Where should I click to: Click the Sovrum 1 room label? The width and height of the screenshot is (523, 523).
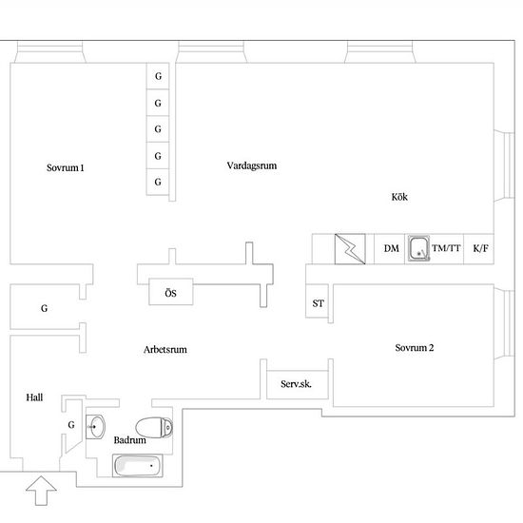pos(66,167)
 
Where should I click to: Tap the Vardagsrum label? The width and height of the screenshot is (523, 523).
pos(252,165)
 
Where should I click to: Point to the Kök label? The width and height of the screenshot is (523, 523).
pos(399,197)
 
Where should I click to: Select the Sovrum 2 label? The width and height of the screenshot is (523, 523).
pos(415,347)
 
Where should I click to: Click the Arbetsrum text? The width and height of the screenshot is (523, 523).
pos(165,350)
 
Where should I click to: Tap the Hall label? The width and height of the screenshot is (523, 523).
pos(34,397)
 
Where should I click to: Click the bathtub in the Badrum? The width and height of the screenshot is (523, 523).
pos(138,466)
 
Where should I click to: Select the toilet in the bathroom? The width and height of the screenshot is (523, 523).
pos(154,427)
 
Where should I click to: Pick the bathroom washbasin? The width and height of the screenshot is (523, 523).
pos(96,427)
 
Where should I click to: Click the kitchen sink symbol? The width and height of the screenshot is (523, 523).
pos(418,248)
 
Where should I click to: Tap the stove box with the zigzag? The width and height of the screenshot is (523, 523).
pos(350,249)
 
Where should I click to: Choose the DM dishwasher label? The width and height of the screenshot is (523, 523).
pos(391,248)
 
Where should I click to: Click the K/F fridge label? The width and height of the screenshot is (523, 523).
pos(480,248)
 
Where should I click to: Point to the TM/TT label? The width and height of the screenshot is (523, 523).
pos(446,248)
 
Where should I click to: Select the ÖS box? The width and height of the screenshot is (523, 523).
pos(171,292)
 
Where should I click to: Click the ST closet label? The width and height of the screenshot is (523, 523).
pos(319,303)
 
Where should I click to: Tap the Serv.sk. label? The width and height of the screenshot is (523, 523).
pos(296,384)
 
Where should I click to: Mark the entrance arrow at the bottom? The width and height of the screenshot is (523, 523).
pos(41,491)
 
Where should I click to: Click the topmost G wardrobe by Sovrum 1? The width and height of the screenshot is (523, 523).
pos(158,76)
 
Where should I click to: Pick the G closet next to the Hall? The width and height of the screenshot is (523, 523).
pos(71,425)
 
